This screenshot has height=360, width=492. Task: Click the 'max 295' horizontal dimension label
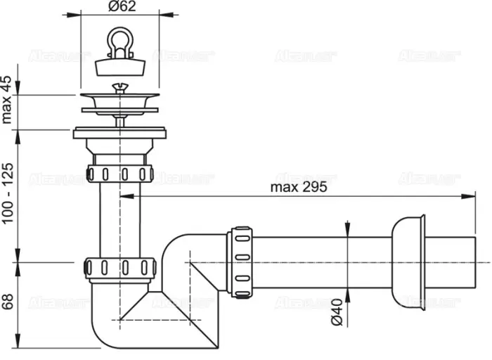(x=299, y=188)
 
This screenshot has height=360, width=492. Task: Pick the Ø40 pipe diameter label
(x=337, y=311)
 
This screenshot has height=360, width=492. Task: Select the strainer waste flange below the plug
(x=119, y=103)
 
